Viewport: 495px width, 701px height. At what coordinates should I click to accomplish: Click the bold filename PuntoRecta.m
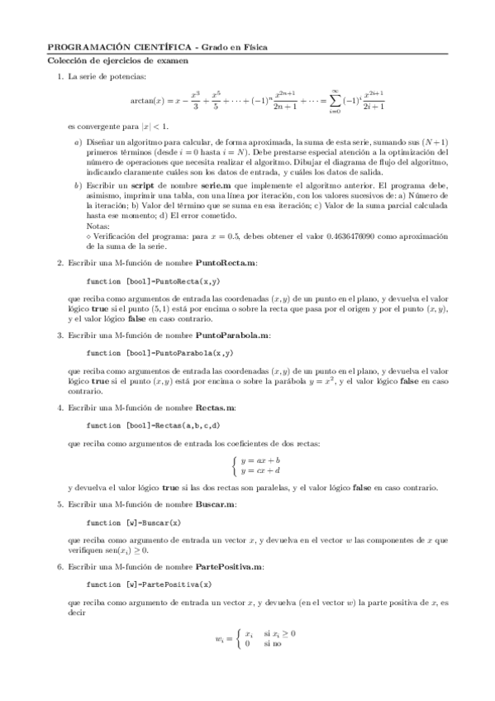[x=226, y=262]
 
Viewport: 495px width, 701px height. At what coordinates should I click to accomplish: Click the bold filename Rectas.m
[x=216, y=408]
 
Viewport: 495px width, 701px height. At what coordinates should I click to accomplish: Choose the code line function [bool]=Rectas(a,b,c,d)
[x=153, y=426]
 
